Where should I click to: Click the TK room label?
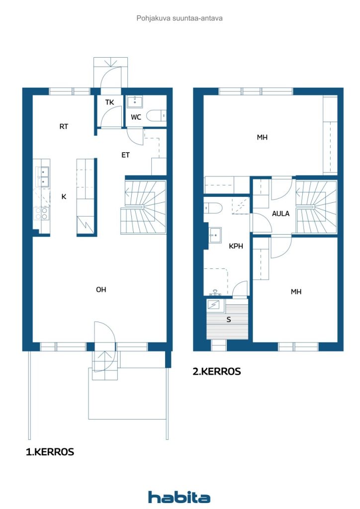click(110, 102)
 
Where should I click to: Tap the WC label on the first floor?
click(136, 117)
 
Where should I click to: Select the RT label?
click(64, 126)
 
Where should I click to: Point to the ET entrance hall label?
click(126, 155)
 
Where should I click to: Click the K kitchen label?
click(64, 196)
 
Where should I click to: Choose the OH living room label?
click(101, 290)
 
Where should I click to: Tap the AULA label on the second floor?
click(280, 214)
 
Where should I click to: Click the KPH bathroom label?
click(236, 246)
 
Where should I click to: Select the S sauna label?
click(229, 320)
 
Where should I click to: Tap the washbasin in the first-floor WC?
click(135, 101)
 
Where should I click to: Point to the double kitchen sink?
click(43, 176)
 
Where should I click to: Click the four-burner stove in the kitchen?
click(42, 214)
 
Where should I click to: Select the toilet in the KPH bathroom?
click(213, 208)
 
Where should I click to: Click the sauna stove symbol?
click(214, 305)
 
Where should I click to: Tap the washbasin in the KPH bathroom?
click(215, 235)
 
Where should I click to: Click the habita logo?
click(179, 497)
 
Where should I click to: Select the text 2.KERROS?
click(216, 371)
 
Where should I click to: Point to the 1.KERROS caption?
click(50, 452)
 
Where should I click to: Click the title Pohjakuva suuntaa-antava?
click(180, 18)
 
